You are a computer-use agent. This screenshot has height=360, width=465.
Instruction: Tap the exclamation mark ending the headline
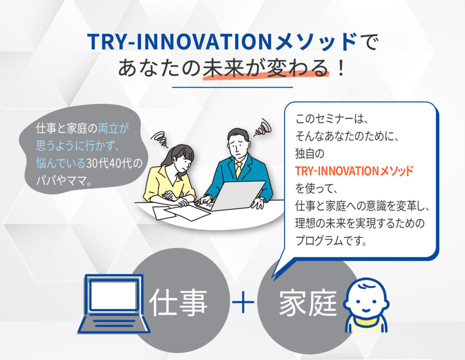click(x=341, y=67)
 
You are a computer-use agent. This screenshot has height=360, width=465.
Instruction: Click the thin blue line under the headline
click(x=232, y=87)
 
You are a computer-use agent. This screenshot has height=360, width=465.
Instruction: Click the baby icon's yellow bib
click(x=366, y=324)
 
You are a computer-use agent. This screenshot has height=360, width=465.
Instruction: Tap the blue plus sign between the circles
click(x=243, y=302)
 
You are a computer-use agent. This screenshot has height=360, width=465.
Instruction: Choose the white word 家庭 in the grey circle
click(x=308, y=302)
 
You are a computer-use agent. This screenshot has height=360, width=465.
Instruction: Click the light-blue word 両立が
click(x=114, y=128)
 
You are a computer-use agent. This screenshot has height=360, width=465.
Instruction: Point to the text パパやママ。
click(x=64, y=180)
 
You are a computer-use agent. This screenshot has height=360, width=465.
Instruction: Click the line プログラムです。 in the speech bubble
click(x=331, y=241)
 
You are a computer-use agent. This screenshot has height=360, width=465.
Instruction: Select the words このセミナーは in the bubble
click(x=327, y=118)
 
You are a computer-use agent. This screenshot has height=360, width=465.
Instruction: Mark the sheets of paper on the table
click(x=178, y=212)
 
